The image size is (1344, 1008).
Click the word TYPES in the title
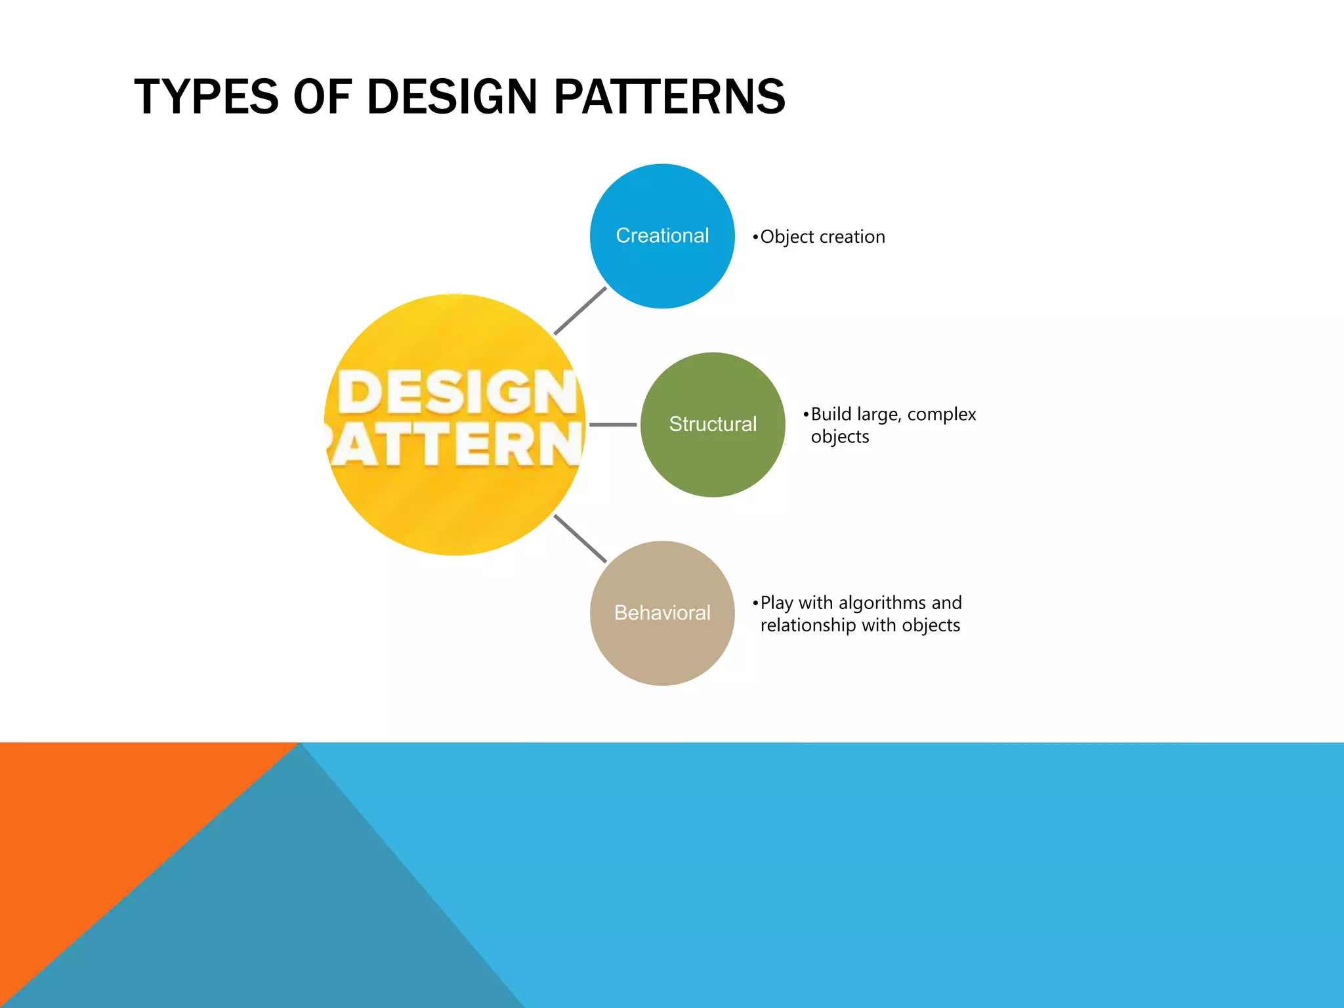coord(206,97)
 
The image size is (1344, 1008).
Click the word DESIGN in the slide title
coord(451,97)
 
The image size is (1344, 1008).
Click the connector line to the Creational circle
coord(580,310)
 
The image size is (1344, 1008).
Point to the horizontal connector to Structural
coord(613,425)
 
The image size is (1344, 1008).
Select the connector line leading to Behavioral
coord(580,538)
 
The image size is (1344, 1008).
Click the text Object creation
coord(822,237)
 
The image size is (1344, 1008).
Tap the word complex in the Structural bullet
coord(942,415)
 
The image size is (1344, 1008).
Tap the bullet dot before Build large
coord(806,415)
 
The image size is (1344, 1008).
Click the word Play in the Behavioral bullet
coord(776,603)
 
